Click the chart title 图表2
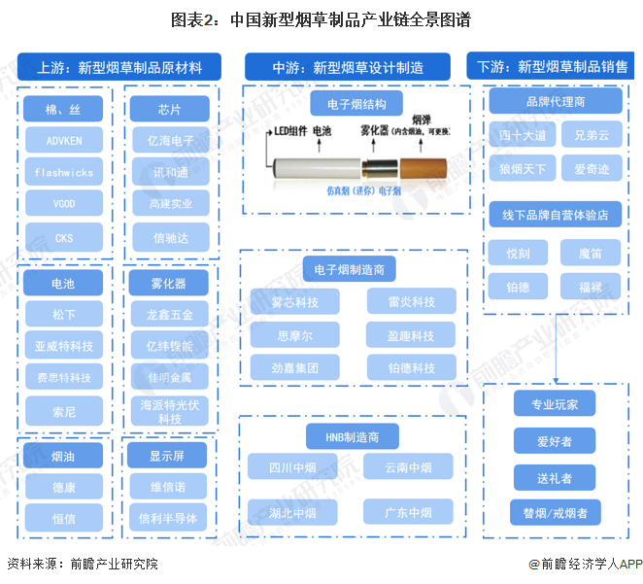321,18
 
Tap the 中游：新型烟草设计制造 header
347,67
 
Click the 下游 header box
553,67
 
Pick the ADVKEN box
64,140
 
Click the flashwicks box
64,172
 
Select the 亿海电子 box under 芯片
170,140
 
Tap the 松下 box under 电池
64,315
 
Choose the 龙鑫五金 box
170,315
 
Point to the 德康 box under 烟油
64,487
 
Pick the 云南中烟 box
408,467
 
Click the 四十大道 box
524,136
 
